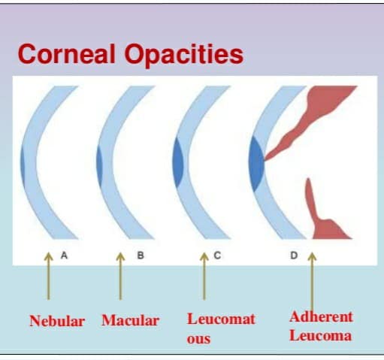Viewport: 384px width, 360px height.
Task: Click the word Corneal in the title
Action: pyautogui.click(x=67, y=54)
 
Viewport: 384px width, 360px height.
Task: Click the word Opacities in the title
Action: pyautogui.click(x=184, y=56)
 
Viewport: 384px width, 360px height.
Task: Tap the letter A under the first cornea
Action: pyautogui.click(x=64, y=256)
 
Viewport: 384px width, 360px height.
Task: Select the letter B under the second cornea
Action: pyautogui.click(x=141, y=256)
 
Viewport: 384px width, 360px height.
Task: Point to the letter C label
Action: pyautogui.click(x=217, y=256)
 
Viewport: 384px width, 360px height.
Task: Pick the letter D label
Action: pyautogui.click(x=294, y=256)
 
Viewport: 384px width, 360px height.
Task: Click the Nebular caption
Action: pyautogui.click(x=57, y=321)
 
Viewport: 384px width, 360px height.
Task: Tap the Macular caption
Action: pyautogui.click(x=130, y=320)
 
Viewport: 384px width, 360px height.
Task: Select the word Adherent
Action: pyautogui.click(x=321, y=316)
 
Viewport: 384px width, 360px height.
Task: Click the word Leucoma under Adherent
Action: pyautogui.click(x=320, y=335)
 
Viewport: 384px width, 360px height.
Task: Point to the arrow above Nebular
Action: pyautogui.click(x=49, y=276)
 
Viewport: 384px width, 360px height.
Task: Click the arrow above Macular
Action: pyautogui.click(x=120, y=276)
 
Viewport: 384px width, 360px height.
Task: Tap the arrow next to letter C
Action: pyautogui.click(x=204, y=276)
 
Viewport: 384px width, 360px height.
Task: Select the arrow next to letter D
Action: pyautogui.click(x=312, y=282)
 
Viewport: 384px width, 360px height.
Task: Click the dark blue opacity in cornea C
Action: pyautogui.click(x=178, y=162)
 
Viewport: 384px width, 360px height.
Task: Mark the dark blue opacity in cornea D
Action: pyautogui.click(x=256, y=164)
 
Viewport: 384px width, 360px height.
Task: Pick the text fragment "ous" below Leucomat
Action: pyautogui.click(x=198, y=339)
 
